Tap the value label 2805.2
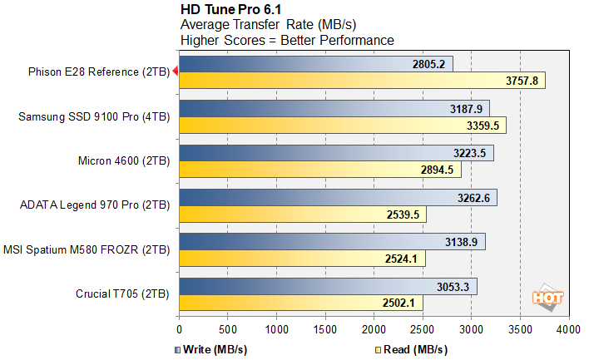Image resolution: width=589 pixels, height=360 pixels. click(x=431, y=64)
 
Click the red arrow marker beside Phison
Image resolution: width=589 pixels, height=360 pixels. click(x=175, y=72)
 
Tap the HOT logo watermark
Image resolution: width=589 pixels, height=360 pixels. click(x=549, y=297)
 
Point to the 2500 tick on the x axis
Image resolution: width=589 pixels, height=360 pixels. click(x=423, y=330)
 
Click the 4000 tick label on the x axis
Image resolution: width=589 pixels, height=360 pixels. click(x=569, y=330)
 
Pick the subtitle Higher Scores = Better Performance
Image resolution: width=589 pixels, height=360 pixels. click(x=287, y=40)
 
